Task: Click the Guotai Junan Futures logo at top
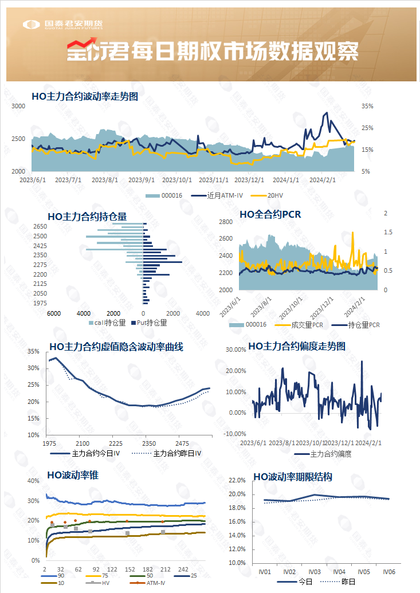[x=63, y=24]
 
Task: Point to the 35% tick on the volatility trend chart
[x=367, y=107]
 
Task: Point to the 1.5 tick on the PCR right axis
[x=388, y=232]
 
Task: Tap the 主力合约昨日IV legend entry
[x=177, y=453]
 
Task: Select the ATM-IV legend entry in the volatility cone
[x=155, y=583]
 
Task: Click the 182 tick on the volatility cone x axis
[x=147, y=570]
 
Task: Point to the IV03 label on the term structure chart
[x=314, y=572]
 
